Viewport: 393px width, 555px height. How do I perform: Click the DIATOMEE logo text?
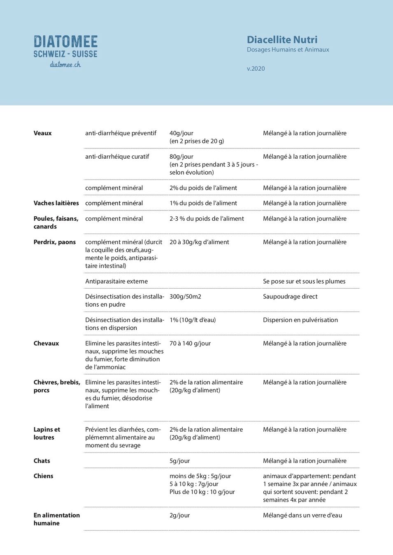point(65,42)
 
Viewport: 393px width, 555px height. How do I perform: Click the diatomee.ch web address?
point(65,65)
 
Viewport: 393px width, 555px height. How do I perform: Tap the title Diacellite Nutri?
point(282,40)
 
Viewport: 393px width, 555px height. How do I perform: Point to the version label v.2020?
point(256,69)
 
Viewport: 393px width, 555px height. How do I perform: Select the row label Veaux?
point(42,133)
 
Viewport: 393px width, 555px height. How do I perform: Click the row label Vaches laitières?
point(56,203)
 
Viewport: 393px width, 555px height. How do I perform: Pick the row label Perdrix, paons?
point(54,242)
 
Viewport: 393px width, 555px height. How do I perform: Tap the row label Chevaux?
point(46,343)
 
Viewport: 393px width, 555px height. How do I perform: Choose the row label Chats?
point(42,461)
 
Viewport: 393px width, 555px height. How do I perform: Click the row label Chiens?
point(43,476)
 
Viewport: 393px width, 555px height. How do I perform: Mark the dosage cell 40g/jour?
point(181,133)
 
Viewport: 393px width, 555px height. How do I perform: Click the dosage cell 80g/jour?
point(181,157)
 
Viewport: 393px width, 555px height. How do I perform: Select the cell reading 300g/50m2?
point(185,296)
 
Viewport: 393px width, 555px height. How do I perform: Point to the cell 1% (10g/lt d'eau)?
point(192,320)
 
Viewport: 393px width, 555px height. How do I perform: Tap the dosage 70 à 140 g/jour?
point(190,343)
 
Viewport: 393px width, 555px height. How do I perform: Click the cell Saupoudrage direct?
point(290,296)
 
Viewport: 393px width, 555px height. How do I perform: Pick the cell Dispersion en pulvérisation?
point(300,320)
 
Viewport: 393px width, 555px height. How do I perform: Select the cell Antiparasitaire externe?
point(116,281)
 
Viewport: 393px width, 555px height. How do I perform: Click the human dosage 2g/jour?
point(179,515)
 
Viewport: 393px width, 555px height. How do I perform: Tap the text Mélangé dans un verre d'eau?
point(302,515)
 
